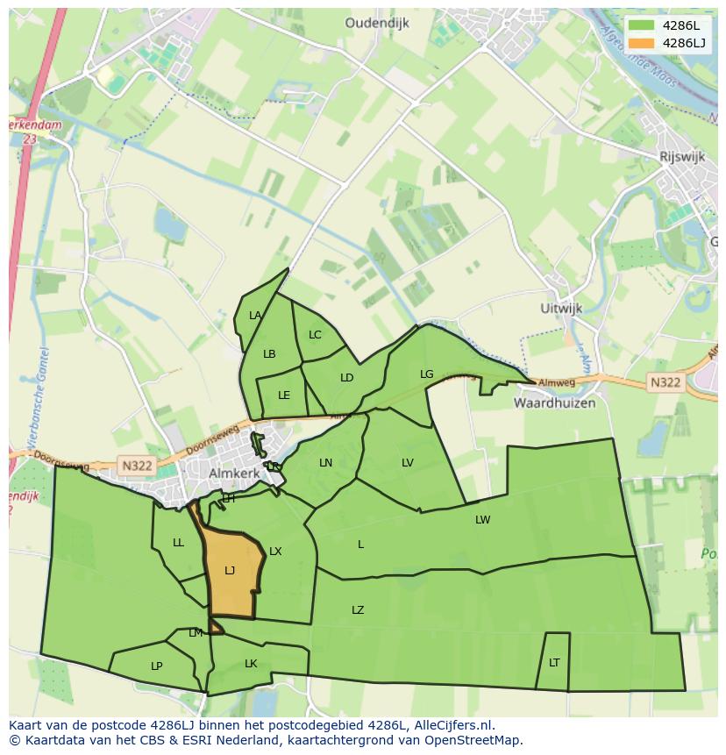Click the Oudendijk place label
(x=377, y=24)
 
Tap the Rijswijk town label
(x=682, y=155)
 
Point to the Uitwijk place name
(x=561, y=309)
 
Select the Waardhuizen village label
(x=554, y=403)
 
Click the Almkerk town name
(x=236, y=474)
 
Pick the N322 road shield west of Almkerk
(x=137, y=466)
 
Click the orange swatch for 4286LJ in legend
(x=641, y=42)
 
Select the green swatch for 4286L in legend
(x=641, y=25)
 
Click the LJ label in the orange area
(x=230, y=570)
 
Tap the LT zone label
(x=554, y=663)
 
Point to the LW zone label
(x=482, y=520)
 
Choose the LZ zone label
(x=358, y=610)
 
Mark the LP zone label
(x=156, y=666)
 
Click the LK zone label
(x=251, y=664)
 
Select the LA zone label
(x=255, y=316)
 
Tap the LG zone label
(x=427, y=374)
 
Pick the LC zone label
(x=315, y=335)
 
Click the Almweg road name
(x=556, y=383)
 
